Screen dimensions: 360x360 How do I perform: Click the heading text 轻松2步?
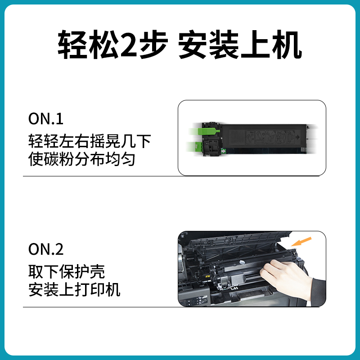[112, 45]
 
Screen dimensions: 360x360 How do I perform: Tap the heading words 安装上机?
[240, 45]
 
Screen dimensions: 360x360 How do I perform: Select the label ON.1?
[46, 119]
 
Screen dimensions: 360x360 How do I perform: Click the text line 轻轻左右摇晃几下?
[90, 141]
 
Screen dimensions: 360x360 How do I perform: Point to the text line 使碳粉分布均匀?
[82, 159]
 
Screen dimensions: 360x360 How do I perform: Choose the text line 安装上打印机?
[74, 289]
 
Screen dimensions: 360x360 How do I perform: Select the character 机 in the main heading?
[286, 45]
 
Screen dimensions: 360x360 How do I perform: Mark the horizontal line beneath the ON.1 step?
[171, 176]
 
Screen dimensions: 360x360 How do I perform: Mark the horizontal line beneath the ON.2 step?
[171, 307]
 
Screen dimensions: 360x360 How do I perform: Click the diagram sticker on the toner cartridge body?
[270, 136]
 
